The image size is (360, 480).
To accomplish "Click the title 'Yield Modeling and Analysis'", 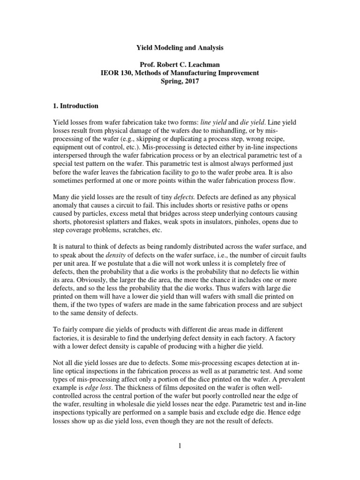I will [x=180, y=48].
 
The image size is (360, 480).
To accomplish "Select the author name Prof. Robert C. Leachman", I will [x=180, y=65].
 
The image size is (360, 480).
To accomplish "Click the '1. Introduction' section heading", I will [x=75, y=105].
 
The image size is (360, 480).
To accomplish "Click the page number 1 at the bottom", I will [x=180, y=446].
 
